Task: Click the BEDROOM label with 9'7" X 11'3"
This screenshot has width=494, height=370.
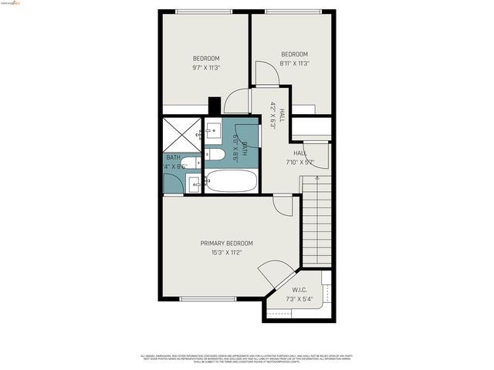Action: [x=206, y=59]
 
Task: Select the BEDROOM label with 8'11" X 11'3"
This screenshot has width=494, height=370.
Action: [x=294, y=54]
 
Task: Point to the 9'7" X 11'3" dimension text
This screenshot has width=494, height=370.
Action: [x=206, y=68]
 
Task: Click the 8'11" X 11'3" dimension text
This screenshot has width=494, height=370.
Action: [x=294, y=63]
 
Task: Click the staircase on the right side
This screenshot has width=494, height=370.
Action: [x=316, y=220]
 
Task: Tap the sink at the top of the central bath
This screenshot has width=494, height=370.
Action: [x=211, y=129]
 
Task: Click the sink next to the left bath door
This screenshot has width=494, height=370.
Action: [x=194, y=183]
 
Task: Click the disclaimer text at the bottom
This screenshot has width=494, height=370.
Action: [x=247, y=358]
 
